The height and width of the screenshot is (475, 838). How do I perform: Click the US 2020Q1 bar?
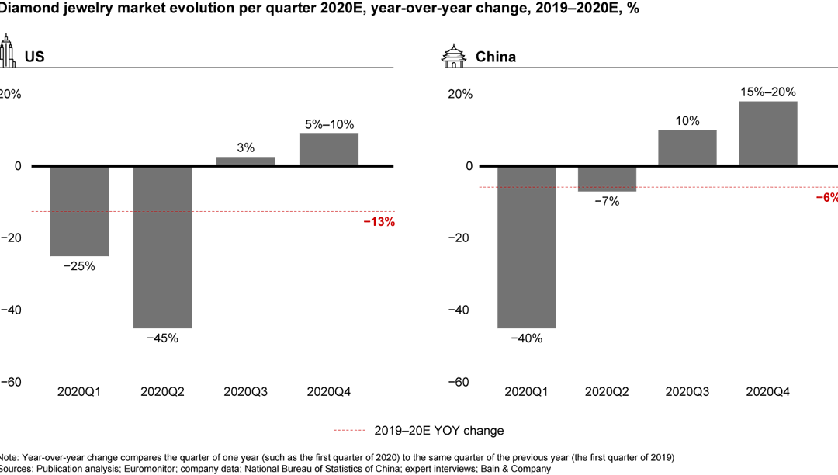pos(79,210)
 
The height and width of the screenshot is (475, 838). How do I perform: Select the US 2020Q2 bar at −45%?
pos(162,247)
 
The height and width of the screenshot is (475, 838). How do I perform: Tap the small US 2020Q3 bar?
pos(245,161)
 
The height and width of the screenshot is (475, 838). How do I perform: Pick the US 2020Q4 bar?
pos(328,150)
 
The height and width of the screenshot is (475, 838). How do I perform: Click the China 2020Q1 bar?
pos(527,247)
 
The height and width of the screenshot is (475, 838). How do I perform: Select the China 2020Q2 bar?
pos(607,179)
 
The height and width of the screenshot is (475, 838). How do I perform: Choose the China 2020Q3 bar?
pos(687,147)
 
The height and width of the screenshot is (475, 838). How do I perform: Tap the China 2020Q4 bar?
pos(767,133)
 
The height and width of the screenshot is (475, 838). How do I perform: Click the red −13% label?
pos(379,222)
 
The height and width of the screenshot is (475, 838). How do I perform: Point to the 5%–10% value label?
pos(329,123)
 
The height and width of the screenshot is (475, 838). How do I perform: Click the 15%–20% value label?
pos(767,92)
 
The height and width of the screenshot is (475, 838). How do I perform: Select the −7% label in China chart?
pos(607,202)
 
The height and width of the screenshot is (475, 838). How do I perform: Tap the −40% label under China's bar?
pos(527,338)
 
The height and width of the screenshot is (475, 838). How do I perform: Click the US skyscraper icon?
pos(7,50)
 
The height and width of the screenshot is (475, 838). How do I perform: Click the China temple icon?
pos(452,55)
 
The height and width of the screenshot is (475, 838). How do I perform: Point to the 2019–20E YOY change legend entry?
pos(418,431)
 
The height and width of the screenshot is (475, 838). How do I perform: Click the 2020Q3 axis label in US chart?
pos(245,392)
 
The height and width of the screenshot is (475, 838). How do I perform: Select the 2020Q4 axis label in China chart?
pos(767,392)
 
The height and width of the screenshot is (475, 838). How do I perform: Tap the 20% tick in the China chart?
pos(459,94)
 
